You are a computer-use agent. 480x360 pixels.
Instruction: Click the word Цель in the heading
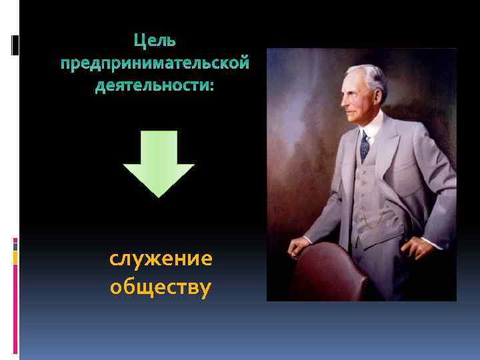tap(155, 41)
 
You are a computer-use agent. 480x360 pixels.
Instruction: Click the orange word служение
tap(161, 259)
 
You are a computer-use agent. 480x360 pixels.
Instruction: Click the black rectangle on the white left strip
tap(15, 45)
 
